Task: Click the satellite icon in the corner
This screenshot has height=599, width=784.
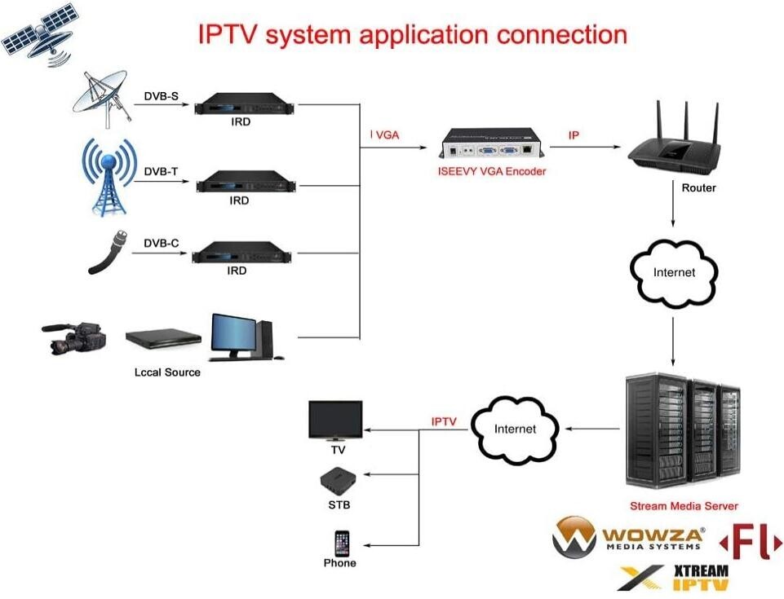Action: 39,34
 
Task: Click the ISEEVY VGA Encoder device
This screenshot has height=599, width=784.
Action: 489,145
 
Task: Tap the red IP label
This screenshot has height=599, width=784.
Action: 574,135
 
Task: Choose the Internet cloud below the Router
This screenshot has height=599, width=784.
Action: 673,272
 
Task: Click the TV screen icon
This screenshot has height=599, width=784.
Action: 335,421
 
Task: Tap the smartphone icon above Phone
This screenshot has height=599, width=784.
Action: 341,543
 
